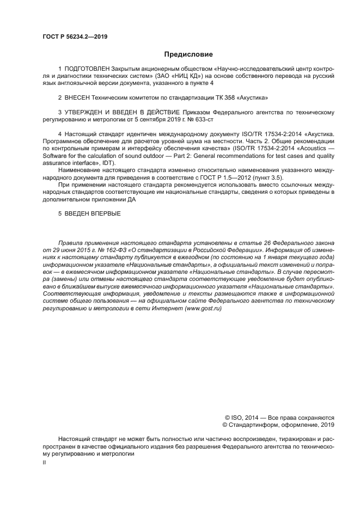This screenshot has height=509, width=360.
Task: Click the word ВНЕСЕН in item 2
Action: point(80,98)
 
